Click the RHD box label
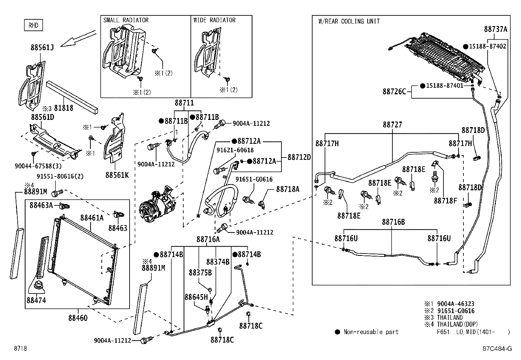(x=33, y=26)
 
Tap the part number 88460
(x=78, y=318)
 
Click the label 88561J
(x=42, y=47)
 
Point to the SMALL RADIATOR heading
(x=126, y=20)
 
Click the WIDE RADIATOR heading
(x=214, y=20)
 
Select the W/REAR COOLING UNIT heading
(x=349, y=22)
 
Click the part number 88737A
(x=495, y=29)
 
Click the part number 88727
(x=392, y=125)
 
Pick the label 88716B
(x=393, y=222)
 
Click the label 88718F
(x=445, y=200)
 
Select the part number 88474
(x=36, y=300)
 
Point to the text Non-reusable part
(x=371, y=332)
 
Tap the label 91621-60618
(x=235, y=150)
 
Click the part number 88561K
(x=117, y=175)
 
